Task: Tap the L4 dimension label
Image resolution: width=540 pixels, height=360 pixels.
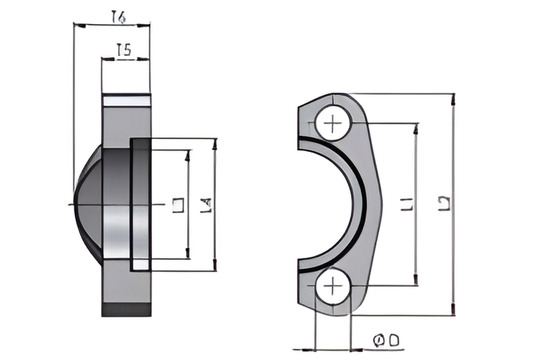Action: (x=206, y=207)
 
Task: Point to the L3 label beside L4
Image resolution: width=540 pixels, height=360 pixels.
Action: (x=177, y=207)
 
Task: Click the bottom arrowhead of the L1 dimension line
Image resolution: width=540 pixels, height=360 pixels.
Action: (x=415, y=282)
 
